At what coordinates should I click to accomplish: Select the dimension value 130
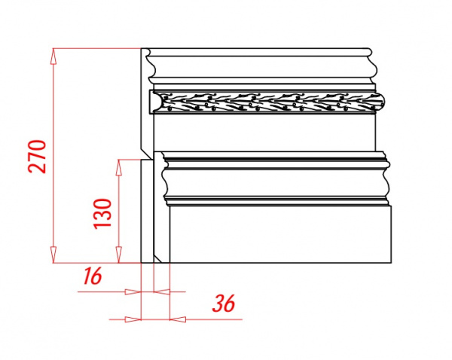point(102,213)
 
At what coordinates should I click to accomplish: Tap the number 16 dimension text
point(92,276)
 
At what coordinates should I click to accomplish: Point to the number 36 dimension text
point(224,304)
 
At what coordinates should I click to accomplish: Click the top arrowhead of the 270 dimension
point(53,56)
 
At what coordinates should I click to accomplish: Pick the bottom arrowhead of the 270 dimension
point(53,255)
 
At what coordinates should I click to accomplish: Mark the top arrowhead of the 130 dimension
point(118,167)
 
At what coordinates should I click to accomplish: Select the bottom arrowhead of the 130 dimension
point(118,255)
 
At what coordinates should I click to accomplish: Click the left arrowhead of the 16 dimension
point(133,292)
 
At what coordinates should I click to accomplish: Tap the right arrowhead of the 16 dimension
point(162,292)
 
